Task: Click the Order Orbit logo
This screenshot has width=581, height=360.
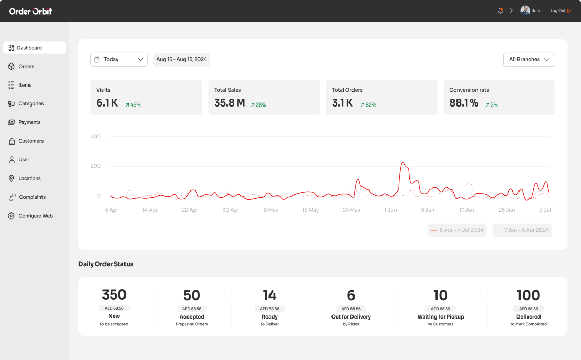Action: [30, 11]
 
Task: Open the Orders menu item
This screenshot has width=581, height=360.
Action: [26, 67]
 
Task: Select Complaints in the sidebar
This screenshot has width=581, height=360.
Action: [32, 197]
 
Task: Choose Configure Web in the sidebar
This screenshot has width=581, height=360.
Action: [35, 216]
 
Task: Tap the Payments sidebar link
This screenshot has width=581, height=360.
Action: [29, 122]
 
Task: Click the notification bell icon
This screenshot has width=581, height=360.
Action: [500, 11]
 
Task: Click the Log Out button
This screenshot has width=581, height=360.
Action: [561, 11]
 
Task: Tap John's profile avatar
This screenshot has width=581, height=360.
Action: [525, 11]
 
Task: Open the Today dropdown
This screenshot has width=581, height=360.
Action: [118, 60]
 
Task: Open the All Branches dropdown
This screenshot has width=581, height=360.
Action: [529, 60]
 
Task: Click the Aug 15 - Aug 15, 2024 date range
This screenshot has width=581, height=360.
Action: [181, 60]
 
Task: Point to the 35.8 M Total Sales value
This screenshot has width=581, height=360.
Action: [230, 103]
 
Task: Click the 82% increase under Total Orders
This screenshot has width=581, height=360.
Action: [368, 105]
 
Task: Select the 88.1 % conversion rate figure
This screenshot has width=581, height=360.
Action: [464, 103]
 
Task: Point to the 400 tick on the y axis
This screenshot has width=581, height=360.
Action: [96, 137]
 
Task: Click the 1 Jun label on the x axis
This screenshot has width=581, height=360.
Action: [391, 210]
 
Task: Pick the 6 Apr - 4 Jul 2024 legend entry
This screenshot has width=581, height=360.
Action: [457, 230]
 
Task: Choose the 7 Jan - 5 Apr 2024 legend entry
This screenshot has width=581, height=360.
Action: [522, 230]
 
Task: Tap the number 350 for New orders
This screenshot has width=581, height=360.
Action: [114, 295]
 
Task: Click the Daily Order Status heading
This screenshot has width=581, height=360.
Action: [106, 264]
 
